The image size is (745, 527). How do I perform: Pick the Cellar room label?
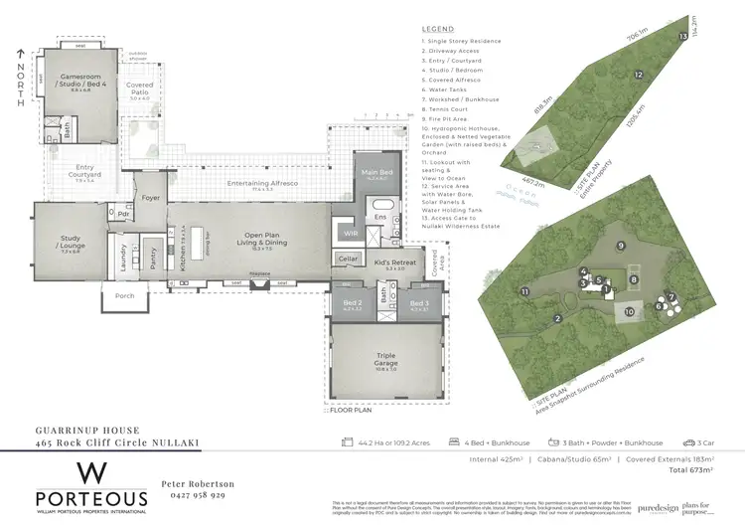(348, 259)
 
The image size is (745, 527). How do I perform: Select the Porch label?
(125, 296)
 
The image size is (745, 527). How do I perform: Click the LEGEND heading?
(437, 29)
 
